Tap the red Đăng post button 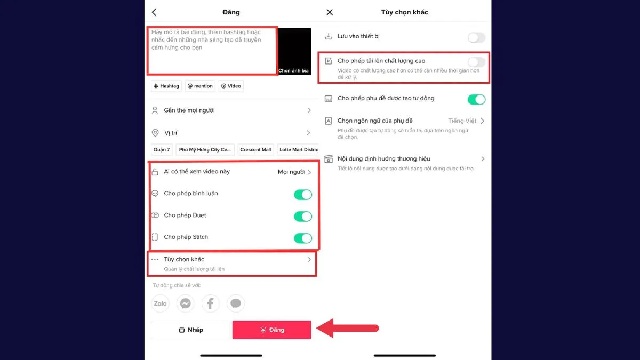271,330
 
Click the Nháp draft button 190,330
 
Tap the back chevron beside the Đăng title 154,12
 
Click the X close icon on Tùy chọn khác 329,12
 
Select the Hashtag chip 166,86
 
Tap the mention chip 200,86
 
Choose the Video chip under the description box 231,86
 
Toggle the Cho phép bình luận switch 303,195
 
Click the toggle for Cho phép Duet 303,217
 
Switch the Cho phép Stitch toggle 303,238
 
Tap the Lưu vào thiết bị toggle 476,37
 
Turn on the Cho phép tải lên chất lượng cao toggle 476,62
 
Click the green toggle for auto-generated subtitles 476,99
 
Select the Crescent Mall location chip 255,150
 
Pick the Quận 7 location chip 162,150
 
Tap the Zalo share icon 160,303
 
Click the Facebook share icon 211,303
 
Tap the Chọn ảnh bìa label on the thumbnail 294,70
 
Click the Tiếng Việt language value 462,121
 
